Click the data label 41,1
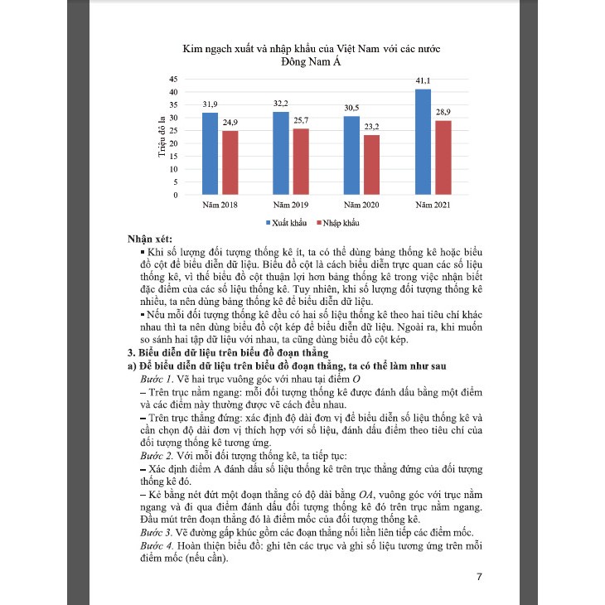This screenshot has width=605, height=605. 423,81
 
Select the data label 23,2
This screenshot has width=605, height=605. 371,127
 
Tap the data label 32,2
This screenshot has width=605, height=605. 281,104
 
